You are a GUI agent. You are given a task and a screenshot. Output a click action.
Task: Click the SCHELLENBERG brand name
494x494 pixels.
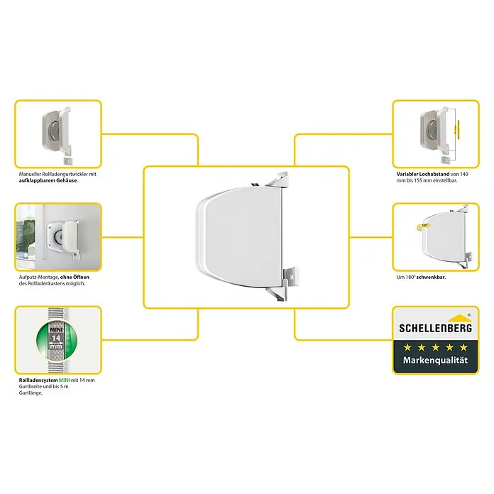435,328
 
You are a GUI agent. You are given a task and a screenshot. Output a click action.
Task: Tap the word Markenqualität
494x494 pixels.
435,360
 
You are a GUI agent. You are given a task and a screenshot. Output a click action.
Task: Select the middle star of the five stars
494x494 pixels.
435,348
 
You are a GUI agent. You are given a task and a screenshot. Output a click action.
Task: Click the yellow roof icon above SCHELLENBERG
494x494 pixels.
460,318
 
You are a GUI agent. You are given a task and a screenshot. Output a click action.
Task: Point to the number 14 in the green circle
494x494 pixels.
56,339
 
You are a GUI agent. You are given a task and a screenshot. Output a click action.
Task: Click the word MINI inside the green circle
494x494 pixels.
56,329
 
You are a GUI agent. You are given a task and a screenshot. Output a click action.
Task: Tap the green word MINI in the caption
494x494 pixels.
65,380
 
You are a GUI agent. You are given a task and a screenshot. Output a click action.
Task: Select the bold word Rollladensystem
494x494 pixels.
38,380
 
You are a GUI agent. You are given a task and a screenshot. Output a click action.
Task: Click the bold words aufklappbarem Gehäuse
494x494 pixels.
48,180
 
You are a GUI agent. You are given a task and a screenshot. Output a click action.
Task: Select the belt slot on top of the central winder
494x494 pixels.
256,185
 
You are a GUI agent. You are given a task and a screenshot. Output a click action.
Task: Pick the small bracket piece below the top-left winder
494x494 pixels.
67,160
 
